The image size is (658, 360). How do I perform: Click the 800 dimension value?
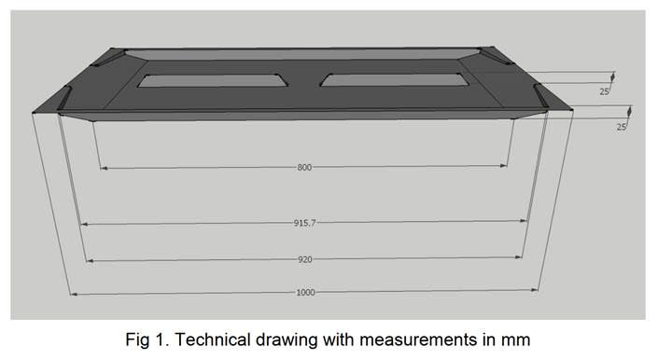(304, 168)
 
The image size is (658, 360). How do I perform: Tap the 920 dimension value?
(304, 259)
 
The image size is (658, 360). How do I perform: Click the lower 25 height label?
(622, 126)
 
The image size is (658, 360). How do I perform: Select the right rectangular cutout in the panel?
(394, 80)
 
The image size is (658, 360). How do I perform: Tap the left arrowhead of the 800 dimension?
(103, 168)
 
